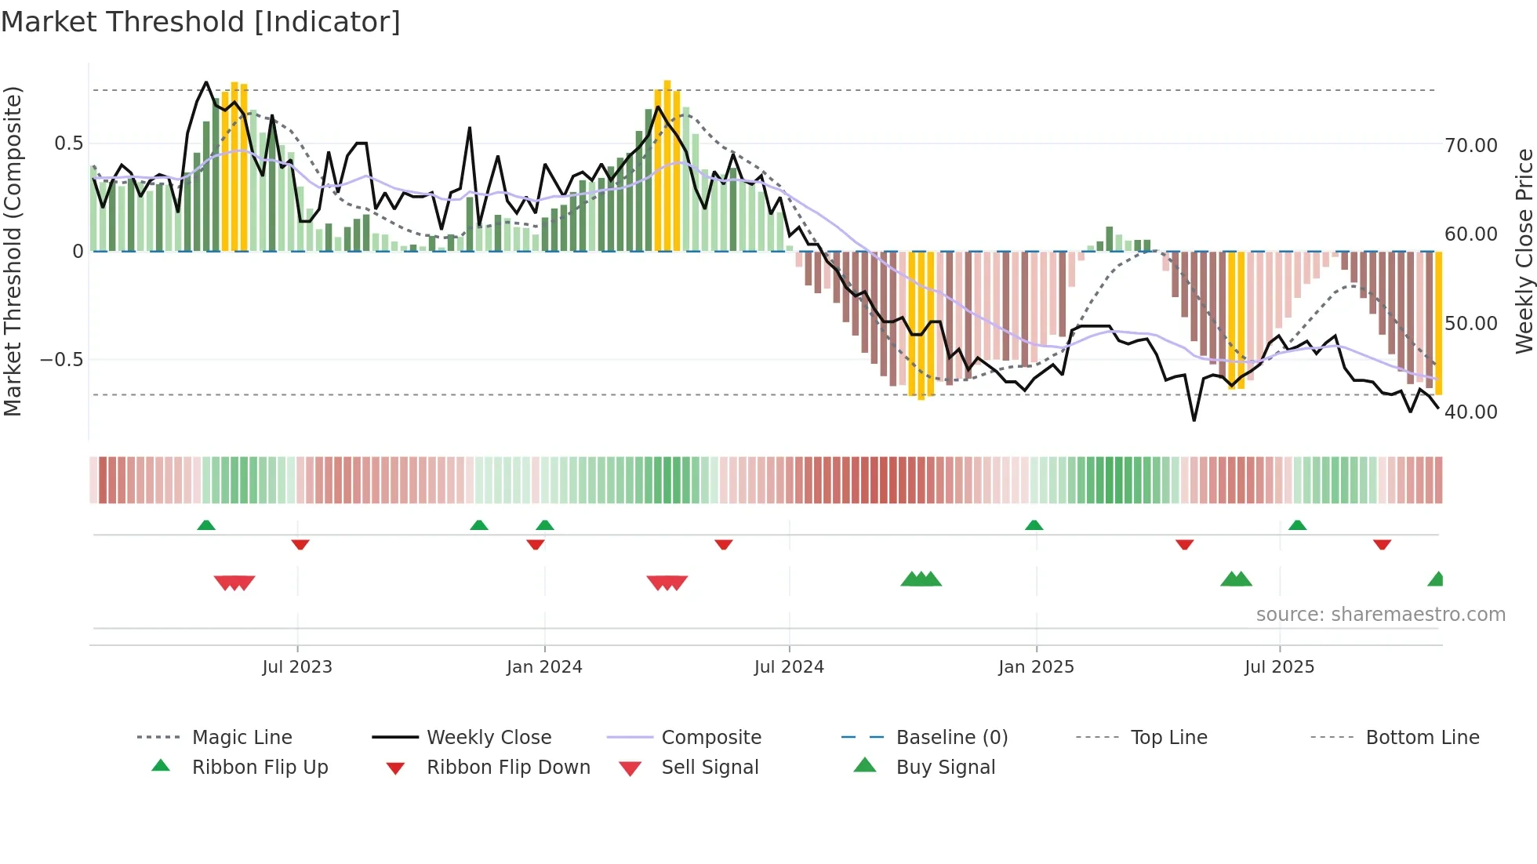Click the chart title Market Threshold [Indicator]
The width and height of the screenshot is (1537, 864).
[201, 22]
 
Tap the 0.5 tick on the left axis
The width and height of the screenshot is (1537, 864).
[68, 143]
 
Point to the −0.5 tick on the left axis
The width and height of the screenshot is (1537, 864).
[62, 360]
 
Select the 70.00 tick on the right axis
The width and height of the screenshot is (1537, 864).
[1470, 146]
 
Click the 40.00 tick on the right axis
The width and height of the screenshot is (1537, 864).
[1470, 412]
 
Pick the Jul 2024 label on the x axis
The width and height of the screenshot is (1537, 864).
[789, 667]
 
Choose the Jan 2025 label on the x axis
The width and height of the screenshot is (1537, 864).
[1036, 667]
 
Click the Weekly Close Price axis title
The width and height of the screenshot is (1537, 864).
[1524, 251]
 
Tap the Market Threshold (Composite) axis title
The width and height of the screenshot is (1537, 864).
[13, 251]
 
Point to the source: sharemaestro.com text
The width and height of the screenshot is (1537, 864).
[1380, 615]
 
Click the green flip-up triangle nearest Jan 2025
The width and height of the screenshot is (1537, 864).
[1034, 525]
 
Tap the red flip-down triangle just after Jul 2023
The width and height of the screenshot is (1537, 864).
[300, 544]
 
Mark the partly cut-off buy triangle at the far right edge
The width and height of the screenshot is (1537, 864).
[1437, 579]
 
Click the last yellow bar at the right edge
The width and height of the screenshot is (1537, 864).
[1439, 321]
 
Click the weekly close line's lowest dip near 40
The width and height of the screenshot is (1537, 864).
[1194, 420]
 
